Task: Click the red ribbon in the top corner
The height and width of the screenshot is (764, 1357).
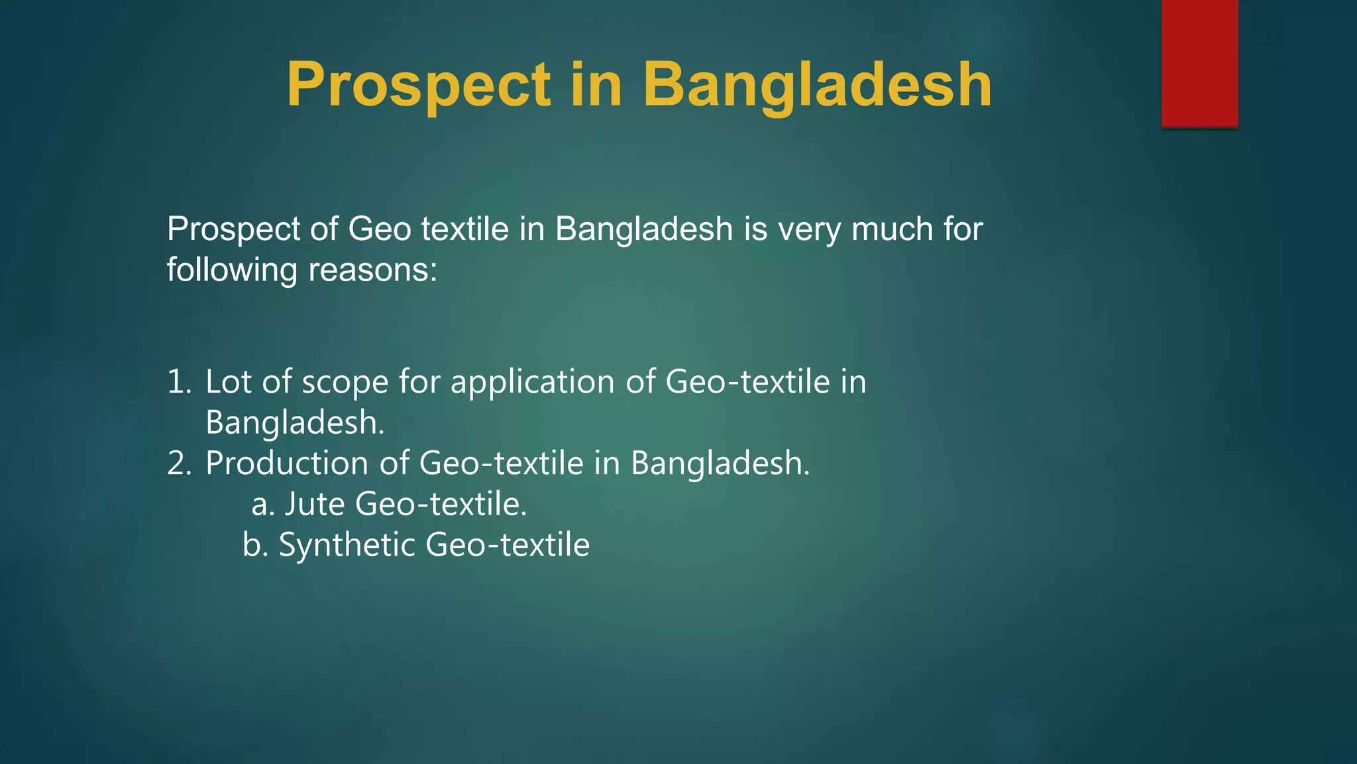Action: coord(1199,63)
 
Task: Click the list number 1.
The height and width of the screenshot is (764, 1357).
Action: coord(179,383)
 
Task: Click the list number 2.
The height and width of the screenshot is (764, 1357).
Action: coord(179,464)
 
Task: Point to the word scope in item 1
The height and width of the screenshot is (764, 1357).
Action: coord(345,383)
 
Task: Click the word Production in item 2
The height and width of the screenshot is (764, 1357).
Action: coord(287,464)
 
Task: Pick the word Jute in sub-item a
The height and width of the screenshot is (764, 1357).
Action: coord(315,505)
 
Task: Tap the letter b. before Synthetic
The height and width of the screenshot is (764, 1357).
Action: coord(255,546)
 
